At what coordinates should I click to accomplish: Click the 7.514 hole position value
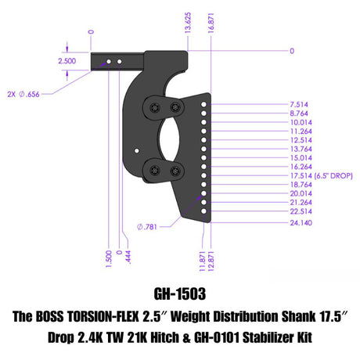[298, 103]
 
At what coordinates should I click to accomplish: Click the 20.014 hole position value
[300, 193]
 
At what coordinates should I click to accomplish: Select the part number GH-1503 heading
[180, 298]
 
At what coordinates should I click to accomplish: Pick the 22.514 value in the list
[300, 211]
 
